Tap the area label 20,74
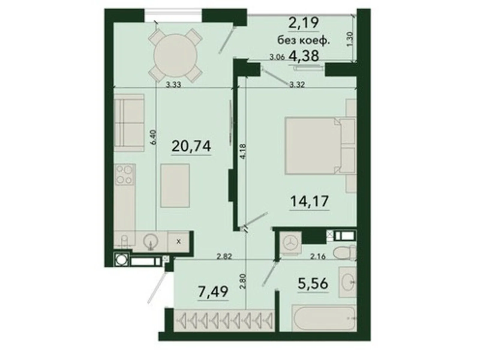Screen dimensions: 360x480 pos(191,146)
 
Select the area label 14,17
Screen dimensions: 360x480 pos(309,201)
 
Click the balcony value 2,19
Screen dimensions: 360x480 pos(303,22)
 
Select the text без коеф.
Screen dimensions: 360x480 pos(303,40)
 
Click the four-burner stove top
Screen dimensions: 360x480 pos(124,175)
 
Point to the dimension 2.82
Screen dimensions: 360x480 pos(224,257)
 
